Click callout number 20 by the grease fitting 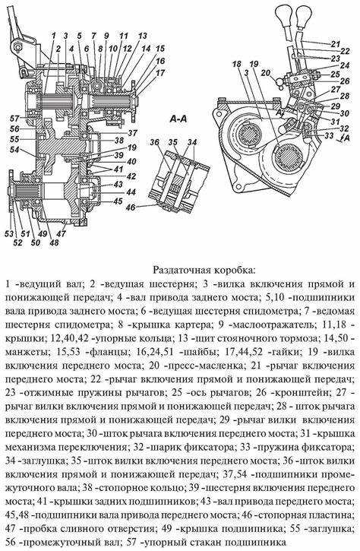point(264,74)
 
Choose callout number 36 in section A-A point(154,141)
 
